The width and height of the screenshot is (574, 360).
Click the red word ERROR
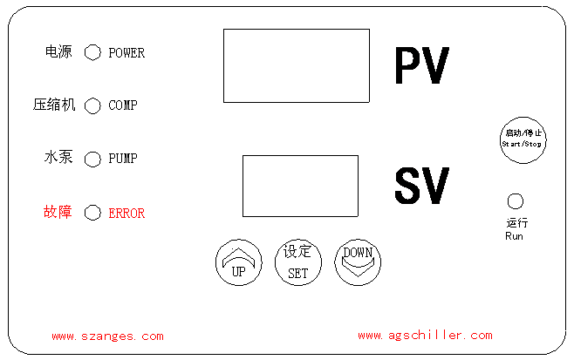pos(126,213)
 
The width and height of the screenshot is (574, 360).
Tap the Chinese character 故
pos(51,212)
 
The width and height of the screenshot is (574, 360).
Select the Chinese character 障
pos(65,212)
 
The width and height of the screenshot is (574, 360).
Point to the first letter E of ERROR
pos(113,213)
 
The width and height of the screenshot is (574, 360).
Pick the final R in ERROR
pos(141,213)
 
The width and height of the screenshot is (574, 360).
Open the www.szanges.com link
pos(107,336)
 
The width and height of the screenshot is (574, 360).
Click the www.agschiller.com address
pos(425,336)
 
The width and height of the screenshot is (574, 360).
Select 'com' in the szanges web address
pos(152,336)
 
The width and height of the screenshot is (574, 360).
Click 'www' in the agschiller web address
pos(369,336)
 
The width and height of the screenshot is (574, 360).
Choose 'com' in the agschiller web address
pos(481,336)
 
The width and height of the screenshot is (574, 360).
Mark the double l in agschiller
pos(441,336)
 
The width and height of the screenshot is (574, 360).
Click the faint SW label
pos(422,185)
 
